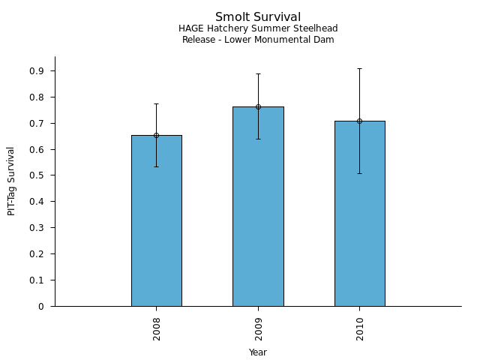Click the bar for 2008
156,225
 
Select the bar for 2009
258,210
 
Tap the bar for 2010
359,217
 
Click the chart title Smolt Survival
258,17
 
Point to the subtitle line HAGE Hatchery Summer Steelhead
258,28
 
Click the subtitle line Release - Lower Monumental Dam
258,40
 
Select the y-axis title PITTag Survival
11,181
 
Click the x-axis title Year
258,352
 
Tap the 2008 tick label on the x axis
157,328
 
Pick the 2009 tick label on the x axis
258,328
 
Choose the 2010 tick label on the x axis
360,328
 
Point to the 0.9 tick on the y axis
37,71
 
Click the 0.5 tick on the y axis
37,175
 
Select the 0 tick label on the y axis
41,306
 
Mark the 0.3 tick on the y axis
37,228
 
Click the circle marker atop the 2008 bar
156,136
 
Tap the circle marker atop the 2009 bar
258,106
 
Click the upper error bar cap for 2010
359,68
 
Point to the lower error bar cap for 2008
156,166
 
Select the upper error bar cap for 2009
258,73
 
